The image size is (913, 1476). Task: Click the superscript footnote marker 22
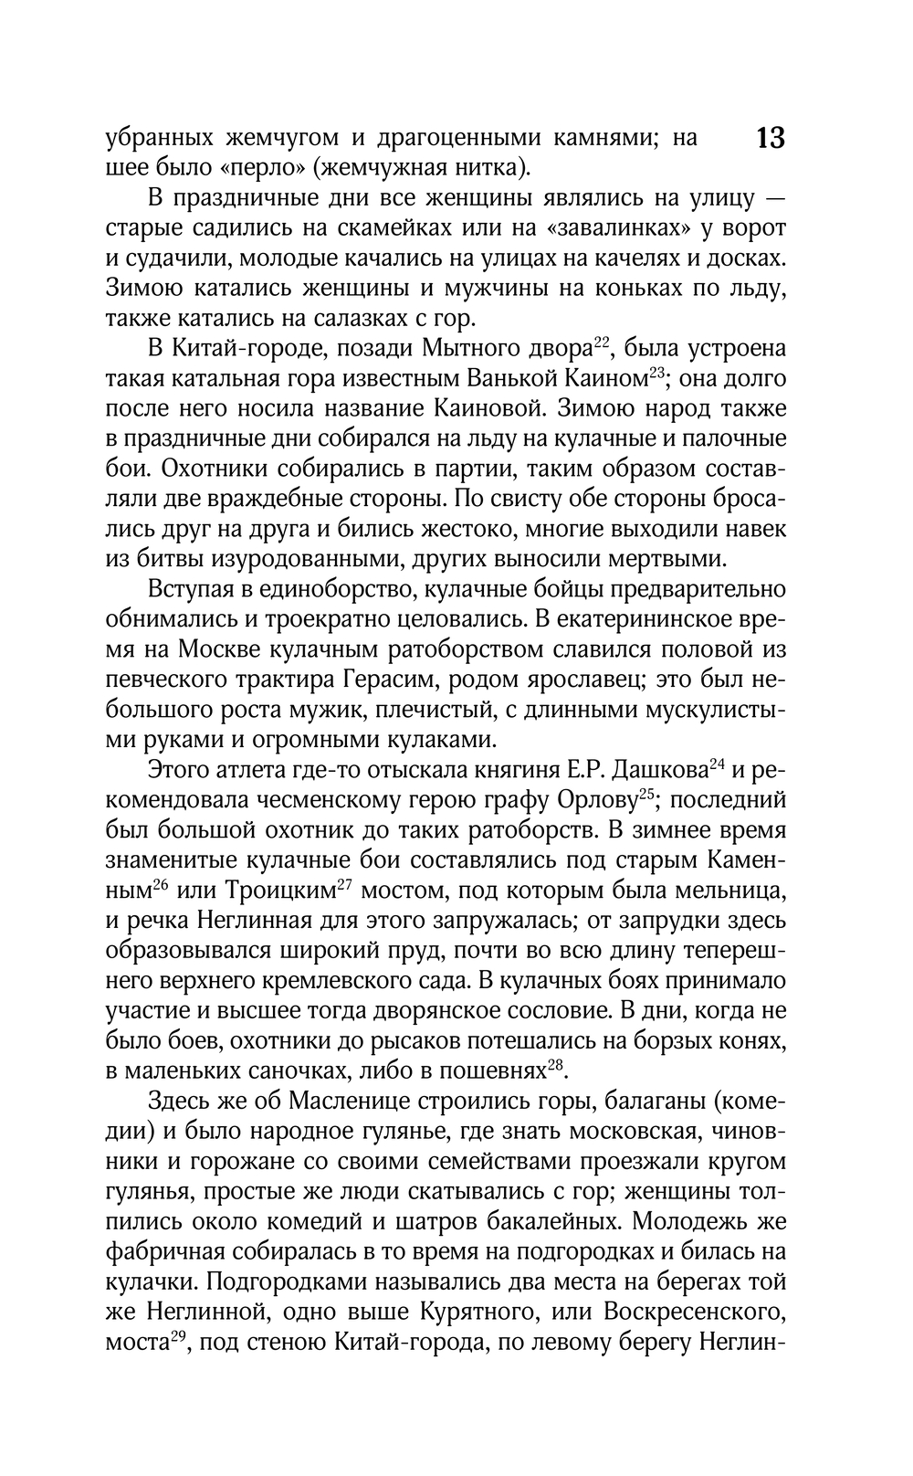pyautogui.click(x=601, y=343)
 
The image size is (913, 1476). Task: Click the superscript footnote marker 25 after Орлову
pyautogui.click(x=646, y=793)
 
